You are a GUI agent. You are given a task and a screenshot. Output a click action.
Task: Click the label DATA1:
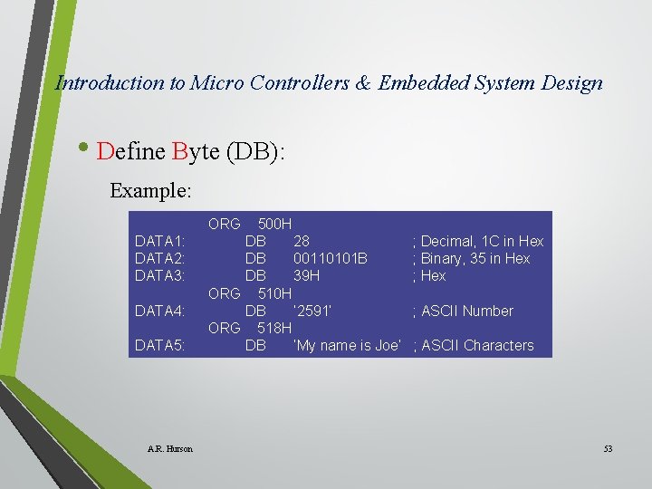pos(160,241)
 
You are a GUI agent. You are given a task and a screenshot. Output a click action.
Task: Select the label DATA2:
pos(160,258)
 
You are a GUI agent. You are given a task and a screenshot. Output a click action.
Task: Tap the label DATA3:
pos(160,275)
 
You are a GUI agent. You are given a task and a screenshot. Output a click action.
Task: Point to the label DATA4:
pos(160,311)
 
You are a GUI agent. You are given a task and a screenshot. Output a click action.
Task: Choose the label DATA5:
pos(160,345)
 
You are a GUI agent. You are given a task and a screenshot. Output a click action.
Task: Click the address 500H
pos(274,224)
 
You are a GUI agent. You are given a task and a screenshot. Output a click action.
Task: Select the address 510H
pos(274,293)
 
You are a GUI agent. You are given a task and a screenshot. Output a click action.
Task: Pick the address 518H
pos(274,328)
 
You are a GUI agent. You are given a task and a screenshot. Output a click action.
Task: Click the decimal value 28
pos(301,241)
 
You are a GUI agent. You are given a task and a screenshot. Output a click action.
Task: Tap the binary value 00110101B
pos(330,258)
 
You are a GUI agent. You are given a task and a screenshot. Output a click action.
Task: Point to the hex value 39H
pos(306,275)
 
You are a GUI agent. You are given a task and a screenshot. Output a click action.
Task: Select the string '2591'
pos(312,311)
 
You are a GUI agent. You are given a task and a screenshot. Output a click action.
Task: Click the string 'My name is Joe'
pos(347,345)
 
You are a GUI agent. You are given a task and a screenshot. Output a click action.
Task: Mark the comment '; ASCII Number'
pos(463,311)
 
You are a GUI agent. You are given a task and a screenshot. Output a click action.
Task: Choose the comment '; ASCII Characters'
pos(474,345)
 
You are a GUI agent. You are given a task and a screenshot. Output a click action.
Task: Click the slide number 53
pos(608,449)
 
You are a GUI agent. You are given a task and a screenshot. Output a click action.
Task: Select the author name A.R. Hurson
pos(169,449)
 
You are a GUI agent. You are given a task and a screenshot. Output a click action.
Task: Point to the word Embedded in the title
pos(423,83)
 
